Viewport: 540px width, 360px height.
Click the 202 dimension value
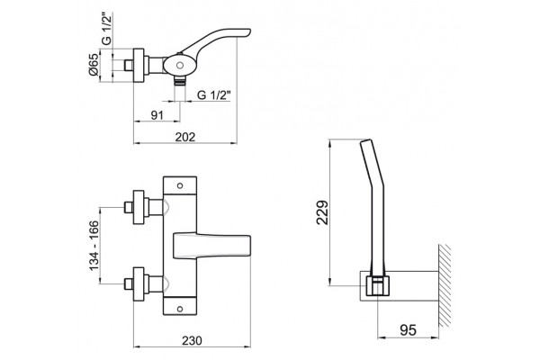[x=184, y=137]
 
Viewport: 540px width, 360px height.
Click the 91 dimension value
[x=157, y=115]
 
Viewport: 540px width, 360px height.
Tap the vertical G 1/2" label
[x=107, y=30]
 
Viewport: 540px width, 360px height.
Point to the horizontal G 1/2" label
[x=213, y=94]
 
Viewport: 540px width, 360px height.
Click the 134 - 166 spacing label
[x=94, y=246]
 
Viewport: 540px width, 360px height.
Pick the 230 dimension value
[x=192, y=340]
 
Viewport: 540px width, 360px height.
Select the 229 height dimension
[x=323, y=212]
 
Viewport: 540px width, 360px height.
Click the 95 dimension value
[x=408, y=329]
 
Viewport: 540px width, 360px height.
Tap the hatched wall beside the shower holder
[x=445, y=285]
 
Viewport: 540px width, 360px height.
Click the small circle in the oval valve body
[x=180, y=65]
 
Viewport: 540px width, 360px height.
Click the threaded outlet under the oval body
[x=180, y=81]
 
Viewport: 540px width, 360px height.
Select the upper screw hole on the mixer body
[x=180, y=185]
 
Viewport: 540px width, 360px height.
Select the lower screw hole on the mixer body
[x=180, y=309]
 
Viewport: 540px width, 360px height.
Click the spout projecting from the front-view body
[x=211, y=246]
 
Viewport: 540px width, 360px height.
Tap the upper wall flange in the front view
[x=139, y=207]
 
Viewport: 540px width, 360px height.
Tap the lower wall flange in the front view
[x=139, y=283]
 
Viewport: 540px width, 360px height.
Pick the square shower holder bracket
[x=378, y=286]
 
